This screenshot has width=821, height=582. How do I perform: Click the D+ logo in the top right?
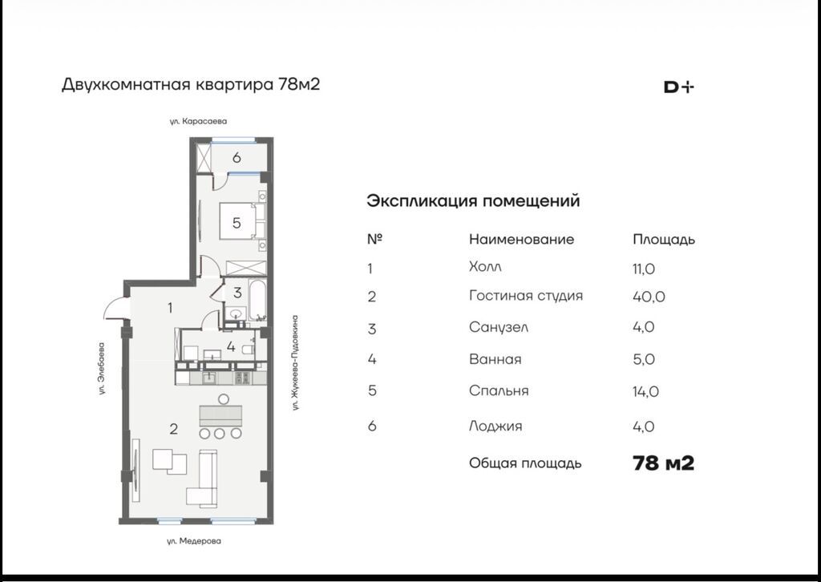point(678,87)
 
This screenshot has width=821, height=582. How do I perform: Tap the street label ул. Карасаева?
point(198,121)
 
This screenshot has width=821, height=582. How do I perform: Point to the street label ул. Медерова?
point(194,541)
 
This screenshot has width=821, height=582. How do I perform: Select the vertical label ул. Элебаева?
point(102,369)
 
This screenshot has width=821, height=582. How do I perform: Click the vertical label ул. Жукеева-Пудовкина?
point(295,362)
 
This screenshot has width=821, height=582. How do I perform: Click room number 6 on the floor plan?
point(237,158)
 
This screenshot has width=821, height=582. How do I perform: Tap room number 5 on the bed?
point(237,223)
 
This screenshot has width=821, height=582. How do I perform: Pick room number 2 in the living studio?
point(174,429)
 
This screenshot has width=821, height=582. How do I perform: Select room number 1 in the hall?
point(170,307)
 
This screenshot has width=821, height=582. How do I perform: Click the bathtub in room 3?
point(258,300)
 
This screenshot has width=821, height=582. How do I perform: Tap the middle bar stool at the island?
point(220,434)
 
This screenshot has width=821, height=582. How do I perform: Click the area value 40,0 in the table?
point(649,297)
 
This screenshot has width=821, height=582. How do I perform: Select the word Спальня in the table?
point(499,391)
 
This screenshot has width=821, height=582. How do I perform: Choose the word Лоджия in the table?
point(495,426)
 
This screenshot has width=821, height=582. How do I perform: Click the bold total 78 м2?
point(663,463)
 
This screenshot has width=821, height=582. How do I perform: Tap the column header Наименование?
point(521,239)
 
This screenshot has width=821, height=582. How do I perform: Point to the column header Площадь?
point(664,240)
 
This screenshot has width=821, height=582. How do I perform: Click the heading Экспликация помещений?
point(473,201)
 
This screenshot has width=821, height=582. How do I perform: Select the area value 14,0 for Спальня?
point(645,391)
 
